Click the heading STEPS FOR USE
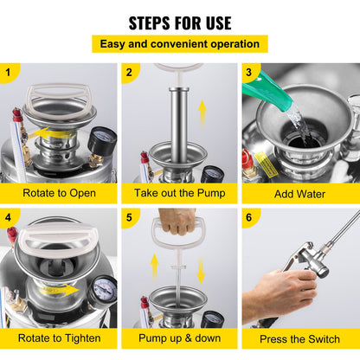(180, 22)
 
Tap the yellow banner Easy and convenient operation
(180, 43)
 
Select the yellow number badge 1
(10, 74)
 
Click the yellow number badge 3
(252, 74)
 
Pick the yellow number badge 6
(252, 218)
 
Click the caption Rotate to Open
(59, 193)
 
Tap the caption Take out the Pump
(179, 193)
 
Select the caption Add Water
(300, 193)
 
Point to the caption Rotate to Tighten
(59, 338)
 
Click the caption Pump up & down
(179, 338)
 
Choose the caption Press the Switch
(300, 338)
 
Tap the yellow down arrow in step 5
(201, 268)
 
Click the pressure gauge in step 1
(102, 140)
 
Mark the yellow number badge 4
(10, 218)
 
